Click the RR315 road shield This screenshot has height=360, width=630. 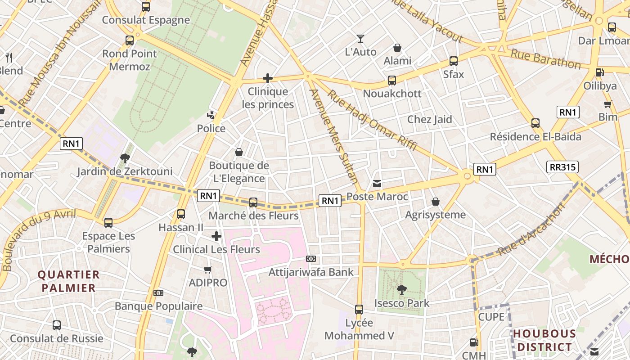point(562,167)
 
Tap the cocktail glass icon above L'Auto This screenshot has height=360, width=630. point(360,39)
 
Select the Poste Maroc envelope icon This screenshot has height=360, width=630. point(377,184)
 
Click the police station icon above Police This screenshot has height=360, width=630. point(211,116)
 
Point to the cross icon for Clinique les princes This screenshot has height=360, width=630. point(268,78)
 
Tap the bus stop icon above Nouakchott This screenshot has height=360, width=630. point(392,81)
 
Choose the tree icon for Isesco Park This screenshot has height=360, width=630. point(401,290)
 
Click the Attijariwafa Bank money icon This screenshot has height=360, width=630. point(311,259)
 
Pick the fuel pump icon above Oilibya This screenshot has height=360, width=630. point(599,72)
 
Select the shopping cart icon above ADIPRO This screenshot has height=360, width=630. point(207,270)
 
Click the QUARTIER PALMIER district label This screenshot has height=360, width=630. point(68,281)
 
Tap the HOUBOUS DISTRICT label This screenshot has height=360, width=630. point(544,340)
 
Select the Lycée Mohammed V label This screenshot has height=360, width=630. point(359,329)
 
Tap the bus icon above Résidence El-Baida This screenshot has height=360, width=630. point(535,123)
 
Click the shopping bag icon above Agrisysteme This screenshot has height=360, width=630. point(435,202)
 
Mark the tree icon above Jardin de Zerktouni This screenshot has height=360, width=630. point(125,158)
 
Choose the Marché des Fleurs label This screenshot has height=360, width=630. point(253,216)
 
